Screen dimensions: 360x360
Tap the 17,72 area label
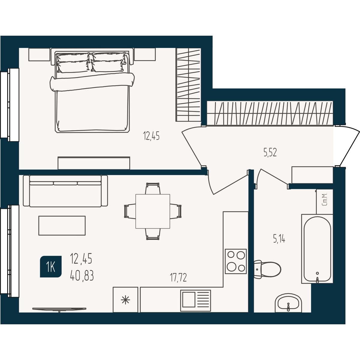point(178,277)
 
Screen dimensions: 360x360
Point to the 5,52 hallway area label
point(270,153)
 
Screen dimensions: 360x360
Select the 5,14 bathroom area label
point(279,239)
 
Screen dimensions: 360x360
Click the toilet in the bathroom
point(267,269)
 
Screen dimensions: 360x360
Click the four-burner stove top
point(236,261)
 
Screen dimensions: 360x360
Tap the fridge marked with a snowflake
point(125,300)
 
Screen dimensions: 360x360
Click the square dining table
point(153,211)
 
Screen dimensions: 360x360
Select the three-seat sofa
point(65,191)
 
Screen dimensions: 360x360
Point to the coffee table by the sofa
point(62,226)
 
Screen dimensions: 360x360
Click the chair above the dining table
point(153,188)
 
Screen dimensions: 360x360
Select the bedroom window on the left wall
point(10,105)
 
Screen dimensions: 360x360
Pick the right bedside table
point(145,54)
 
